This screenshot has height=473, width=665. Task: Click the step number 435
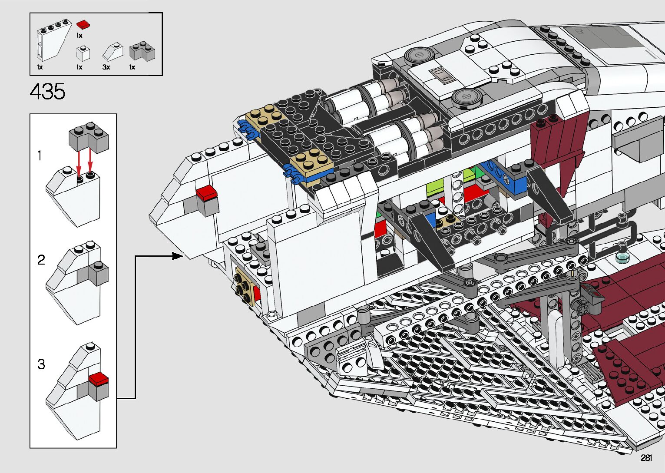click(x=47, y=92)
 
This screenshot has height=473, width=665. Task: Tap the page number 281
click(x=646, y=458)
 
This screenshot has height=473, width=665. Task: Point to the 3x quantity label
click(x=106, y=67)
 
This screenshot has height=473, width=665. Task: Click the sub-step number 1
click(x=40, y=155)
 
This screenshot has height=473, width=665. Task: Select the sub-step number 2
click(x=41, y=260)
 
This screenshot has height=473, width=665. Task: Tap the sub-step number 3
click(x=41, y=364)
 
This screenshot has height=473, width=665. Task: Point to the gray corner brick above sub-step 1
click(x=89, y=136)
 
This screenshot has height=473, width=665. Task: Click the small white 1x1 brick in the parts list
click(x=83, y=53)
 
